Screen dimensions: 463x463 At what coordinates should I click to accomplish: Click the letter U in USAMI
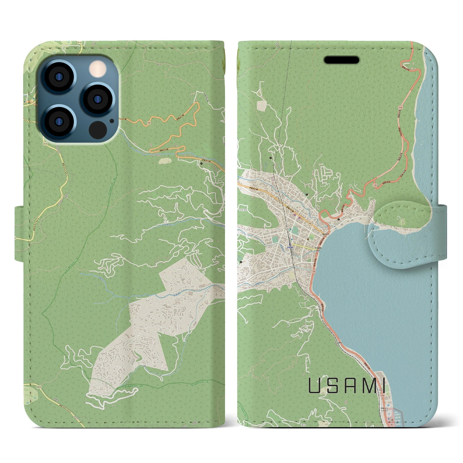[x=314, y=386]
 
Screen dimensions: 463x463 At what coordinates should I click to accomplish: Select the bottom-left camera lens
[x=58, y=121]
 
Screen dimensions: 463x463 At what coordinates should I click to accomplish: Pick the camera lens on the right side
[x=97, y=98]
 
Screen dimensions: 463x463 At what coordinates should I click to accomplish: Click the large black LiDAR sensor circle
[x=97, y=129]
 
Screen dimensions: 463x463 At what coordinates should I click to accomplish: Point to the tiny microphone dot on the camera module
[x=112, y=121]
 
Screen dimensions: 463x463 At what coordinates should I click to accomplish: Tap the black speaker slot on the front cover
[x=341, y=60]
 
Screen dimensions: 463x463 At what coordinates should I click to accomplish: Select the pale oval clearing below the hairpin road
[x=165, y=160]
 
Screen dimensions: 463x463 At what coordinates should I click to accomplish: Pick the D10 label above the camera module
[x=80, y=43]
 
